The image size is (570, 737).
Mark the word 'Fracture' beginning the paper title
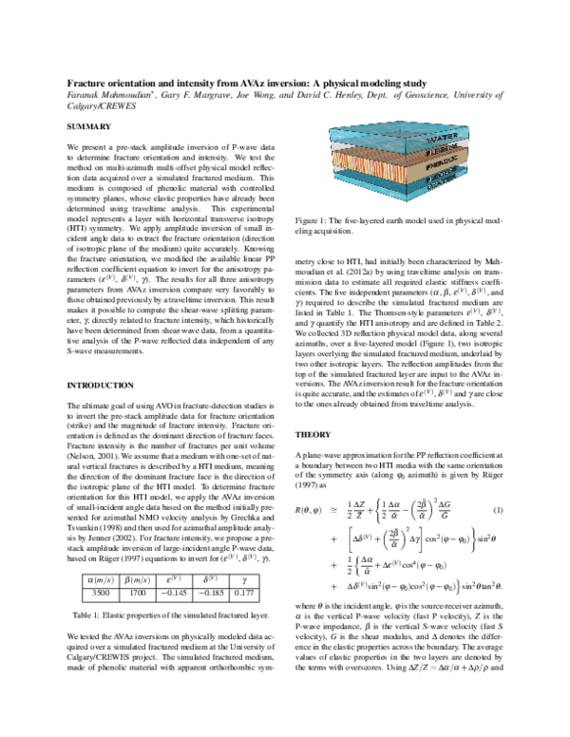86,84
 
